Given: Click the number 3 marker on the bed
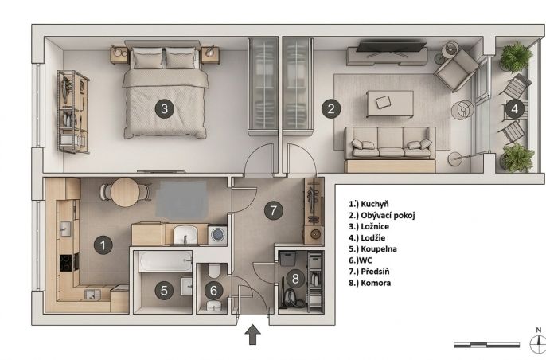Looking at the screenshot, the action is tap(164, 109).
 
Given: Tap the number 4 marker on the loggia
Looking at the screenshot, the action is tap(514, 109).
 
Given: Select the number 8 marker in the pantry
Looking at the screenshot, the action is tap(295, 279).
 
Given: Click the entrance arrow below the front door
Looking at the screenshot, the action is tap(253, 335).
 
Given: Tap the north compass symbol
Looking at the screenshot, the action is tap(538, 342).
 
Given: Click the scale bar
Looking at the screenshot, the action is tap(486, 345).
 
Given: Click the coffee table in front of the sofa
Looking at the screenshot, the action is tap(390, 104).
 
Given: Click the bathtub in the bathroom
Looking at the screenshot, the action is tap(166, 261).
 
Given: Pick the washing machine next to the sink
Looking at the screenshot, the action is tap(217, 234).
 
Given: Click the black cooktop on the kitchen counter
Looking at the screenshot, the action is tap(65, 263).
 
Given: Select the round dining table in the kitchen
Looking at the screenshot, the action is tap(126, 193).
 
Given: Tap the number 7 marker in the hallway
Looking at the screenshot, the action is tap(273, 210).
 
